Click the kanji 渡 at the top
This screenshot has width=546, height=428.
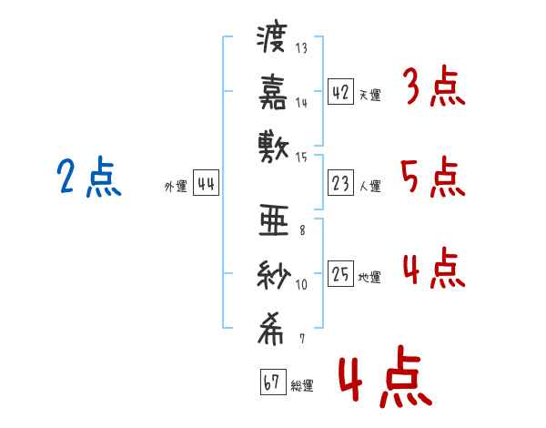(272, 40)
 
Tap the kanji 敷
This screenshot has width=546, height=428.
(272, 144)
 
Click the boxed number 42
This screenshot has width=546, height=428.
(340, 91)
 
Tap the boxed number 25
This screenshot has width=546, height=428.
(340, 274)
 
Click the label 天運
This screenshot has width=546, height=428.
(370, 95)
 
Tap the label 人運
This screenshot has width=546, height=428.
(370, 187)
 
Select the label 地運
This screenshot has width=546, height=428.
(370, 278)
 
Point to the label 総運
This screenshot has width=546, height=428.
(302, 386)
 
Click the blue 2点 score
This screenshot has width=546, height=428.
(89, 178)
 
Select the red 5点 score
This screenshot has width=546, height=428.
(431, 177)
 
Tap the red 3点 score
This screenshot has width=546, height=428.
(432, 88)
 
